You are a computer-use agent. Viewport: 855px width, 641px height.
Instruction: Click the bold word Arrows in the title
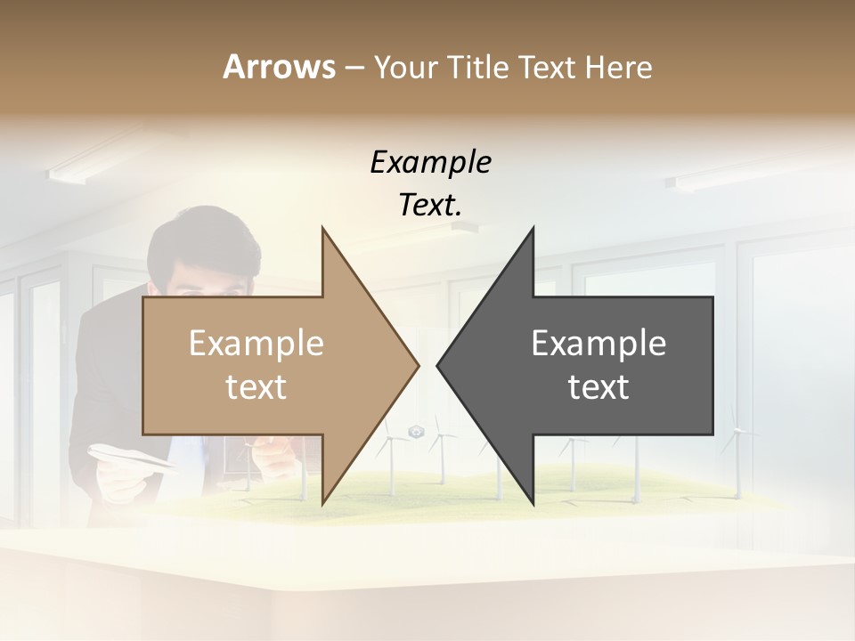279,67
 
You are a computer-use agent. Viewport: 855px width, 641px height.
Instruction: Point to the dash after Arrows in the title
354,69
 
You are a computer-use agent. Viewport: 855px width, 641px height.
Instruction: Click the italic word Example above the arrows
430,163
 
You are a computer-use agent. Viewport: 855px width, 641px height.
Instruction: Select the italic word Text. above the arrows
430,205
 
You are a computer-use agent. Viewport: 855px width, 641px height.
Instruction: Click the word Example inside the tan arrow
256,344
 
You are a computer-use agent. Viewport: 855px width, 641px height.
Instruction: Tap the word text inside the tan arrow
256,387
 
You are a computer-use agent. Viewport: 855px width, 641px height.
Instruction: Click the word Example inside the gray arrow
598,344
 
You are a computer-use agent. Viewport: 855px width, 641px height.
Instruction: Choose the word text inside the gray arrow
598,387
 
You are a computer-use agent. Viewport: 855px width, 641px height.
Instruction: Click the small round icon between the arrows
415,432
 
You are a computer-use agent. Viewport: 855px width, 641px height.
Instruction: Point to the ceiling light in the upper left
89,166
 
